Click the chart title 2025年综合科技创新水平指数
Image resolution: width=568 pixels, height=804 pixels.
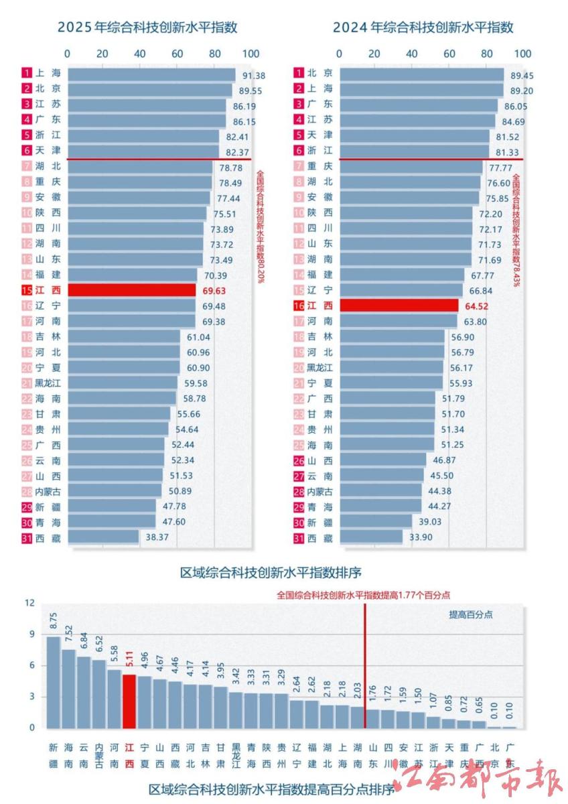[x=147, y=27]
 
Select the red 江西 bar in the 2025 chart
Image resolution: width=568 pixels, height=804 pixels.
[x=131, y=289]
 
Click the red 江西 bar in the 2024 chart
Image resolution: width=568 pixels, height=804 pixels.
[x=399, y=306]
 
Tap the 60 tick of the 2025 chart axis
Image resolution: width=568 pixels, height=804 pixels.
[x=177, y=54]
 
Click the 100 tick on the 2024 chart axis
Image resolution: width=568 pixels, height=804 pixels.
[x=522, y=54]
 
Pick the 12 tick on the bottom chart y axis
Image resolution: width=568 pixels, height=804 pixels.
[x=29, y=603]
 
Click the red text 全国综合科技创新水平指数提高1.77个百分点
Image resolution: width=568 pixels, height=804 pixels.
[x=363, y=594]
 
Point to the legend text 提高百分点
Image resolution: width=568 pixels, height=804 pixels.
[x=470, y=614]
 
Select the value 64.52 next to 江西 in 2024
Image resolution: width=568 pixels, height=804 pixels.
[x=476, y=306]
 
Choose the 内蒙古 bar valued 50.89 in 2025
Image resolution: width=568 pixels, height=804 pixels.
[x=115, y=491]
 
